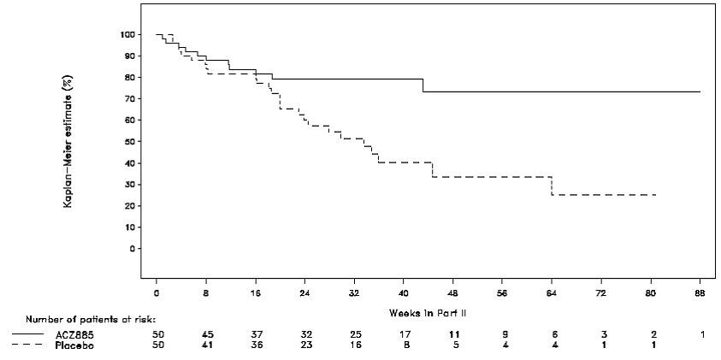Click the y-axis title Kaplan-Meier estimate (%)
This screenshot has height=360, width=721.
[78, 142]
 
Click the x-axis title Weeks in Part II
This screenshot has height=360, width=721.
[428, 313]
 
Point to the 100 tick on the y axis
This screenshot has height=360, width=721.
[127, 34]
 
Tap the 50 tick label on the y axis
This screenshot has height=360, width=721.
[128, 142]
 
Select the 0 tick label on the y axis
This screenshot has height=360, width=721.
[132, 249]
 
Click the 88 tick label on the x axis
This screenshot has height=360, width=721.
[700, 292]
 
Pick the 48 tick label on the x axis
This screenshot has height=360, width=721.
[453, 292]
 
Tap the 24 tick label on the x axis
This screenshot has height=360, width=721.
[304, 292]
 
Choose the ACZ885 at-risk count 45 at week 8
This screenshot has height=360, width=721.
[206, 334]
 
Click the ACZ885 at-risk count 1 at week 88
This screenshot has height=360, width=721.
[701, 334]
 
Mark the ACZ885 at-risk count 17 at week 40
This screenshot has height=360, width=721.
[404, 334]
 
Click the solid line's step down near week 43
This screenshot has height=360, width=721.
[423, 86]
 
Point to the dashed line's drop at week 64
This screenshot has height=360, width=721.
[552, 186]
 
